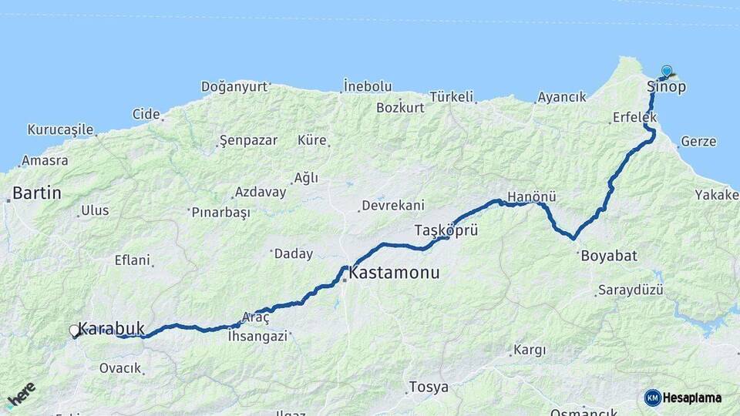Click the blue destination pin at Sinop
point(667,71)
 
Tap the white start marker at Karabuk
point(74,331)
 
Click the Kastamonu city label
point(394,273)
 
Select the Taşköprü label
point(446,230)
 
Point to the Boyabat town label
point(609,256)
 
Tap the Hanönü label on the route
point(532,197)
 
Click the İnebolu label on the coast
point(368,86)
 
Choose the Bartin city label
point(37,193)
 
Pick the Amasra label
point(45,161)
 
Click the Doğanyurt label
point(234,87)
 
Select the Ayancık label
point(562,97)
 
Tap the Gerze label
point(698,142)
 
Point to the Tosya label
point(429,387)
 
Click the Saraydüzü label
point(630,290)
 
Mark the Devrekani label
point(392,206)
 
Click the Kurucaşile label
point(60,129)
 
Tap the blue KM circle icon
point(652,398)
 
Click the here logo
point(22,395)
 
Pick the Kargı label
point(530,351)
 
